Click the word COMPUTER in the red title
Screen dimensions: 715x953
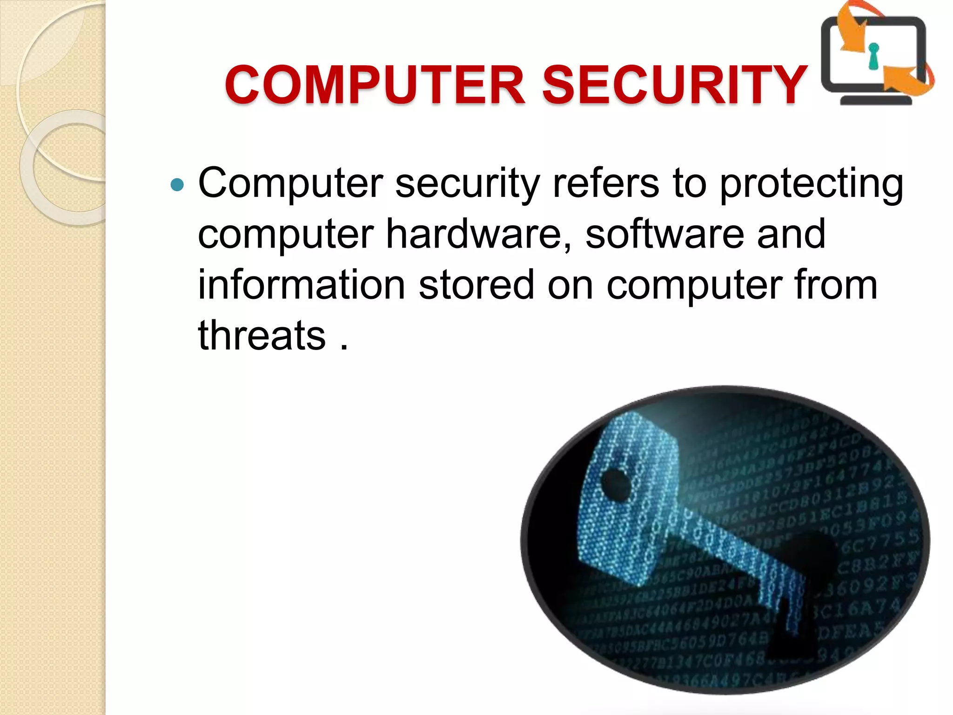375,85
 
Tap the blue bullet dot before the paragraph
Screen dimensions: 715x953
177,185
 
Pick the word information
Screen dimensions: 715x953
302,284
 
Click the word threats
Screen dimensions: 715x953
262,335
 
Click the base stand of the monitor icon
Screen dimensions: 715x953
875,100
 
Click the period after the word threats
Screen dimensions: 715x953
344,347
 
